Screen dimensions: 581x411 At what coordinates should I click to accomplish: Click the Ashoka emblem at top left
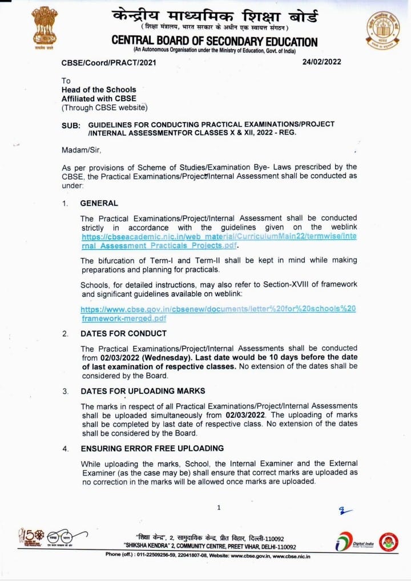tap(45, 27)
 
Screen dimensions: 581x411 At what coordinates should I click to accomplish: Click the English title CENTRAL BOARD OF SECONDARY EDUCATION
tap(214, 41)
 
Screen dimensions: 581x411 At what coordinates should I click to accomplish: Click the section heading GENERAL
tap(99, 203)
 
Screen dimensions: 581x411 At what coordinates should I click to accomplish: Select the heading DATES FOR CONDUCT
tap(123, 333)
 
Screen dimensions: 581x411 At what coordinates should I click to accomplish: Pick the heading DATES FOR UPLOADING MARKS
tap(143, 391)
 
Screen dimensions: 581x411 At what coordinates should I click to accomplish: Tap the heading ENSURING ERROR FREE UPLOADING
tap(152, 449)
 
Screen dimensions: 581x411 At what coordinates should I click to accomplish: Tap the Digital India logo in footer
tap(354, 542)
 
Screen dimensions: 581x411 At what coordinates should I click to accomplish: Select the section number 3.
tap(66, 392)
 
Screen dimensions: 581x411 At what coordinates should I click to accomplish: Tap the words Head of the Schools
tap(99, 90)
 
